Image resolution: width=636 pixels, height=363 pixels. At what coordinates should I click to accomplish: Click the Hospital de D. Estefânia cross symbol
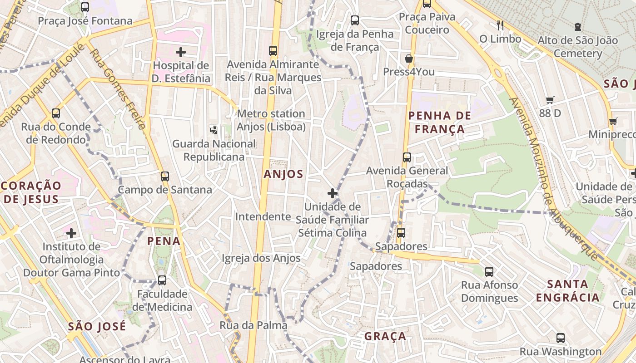[x=181, y=52]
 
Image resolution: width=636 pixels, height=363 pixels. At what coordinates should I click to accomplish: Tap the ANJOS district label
[x=283, y=174]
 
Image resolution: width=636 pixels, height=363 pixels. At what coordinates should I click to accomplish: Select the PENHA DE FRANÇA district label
[x=439, y=123]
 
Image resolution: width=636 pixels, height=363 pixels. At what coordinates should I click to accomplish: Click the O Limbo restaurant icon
[x=500, y=25]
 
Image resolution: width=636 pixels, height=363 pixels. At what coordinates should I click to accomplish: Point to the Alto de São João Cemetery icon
[x=577, y=27]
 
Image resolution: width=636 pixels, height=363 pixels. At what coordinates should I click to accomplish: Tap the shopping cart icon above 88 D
[x=550, y=100]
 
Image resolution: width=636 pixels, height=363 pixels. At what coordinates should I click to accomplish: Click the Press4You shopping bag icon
[x=409, y=59]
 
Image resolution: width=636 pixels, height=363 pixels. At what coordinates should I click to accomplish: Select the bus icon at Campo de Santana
[x=164, y=176]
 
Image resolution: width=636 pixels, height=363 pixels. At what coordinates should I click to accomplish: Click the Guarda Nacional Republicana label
[x=214, y=150]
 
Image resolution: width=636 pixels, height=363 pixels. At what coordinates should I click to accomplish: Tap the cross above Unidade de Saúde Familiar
[x=333, y=193]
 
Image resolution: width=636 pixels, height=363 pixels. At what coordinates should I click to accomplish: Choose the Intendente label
[x=263, y=216]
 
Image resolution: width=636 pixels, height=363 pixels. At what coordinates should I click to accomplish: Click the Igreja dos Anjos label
[x=261, y=258]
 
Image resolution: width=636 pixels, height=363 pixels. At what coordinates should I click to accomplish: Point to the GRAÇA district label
[x=385, y=336]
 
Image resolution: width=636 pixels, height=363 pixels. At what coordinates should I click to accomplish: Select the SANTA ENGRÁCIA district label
[x=568, y=291]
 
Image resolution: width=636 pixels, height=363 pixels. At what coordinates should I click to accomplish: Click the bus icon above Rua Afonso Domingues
[x=489, y=272]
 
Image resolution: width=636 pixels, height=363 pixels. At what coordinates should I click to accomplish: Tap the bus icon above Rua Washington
[x=561, y=338]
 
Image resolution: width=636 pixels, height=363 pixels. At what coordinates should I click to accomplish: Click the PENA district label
[x=164, y=241]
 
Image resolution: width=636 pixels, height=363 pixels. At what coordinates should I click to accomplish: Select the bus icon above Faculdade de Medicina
[x=162, y=280]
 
